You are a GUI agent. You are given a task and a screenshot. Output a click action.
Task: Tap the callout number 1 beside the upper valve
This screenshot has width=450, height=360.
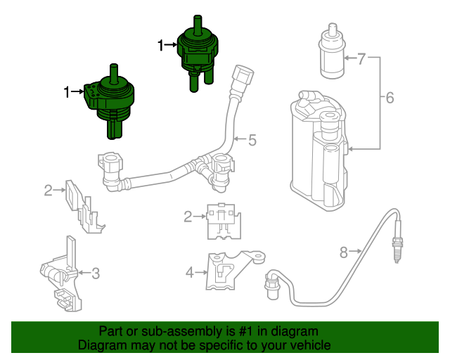click(x=162, y=46)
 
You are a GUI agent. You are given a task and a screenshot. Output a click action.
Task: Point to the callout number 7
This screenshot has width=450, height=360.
click(x=361, y=58)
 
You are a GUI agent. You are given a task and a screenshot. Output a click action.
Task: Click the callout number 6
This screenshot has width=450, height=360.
click(x=390, y=98)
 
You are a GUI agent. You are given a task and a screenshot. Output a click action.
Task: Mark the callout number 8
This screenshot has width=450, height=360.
click(x=344, y=251)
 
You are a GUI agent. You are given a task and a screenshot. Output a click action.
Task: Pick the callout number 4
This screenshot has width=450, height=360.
click(x=189, y=271)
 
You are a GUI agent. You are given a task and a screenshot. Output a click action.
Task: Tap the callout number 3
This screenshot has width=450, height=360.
click(x=96, y=272)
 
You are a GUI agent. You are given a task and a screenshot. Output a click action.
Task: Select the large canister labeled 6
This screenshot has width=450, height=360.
click(x=319, y=148)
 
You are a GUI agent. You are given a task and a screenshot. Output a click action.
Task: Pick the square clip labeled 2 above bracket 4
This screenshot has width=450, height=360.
click(x=221, y=218)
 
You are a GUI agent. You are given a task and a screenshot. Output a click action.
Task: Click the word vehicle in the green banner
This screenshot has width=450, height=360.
click(x=307, y=345)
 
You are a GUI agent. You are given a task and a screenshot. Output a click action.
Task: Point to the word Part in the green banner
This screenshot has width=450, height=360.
click(x=110, y=331)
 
